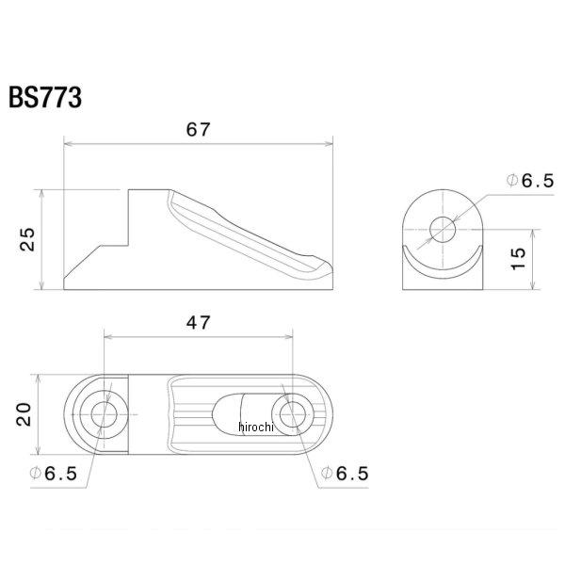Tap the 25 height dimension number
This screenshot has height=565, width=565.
click(27, 239)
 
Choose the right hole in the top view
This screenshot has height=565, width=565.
click(292, 414)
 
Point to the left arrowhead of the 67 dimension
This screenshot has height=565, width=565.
click(67, 144)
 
